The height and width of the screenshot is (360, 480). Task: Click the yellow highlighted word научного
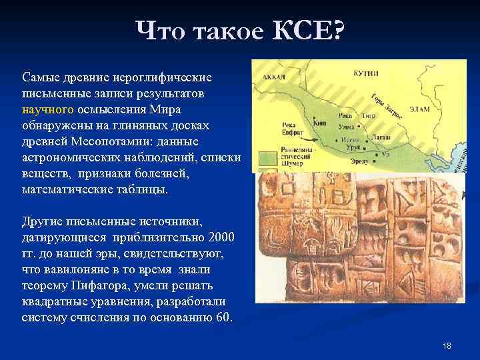pos(48,109)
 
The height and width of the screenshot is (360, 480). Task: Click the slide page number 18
pos(447,345)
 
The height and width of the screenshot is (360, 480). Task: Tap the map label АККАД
pos(275,77)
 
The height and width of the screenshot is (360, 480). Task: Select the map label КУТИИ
pos(367,73)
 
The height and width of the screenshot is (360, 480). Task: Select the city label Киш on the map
pos(320,124)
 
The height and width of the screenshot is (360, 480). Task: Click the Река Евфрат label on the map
pos(292,129)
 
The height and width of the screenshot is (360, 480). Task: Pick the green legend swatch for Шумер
pos(267,158)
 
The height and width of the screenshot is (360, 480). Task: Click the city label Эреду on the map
pos(358,161)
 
